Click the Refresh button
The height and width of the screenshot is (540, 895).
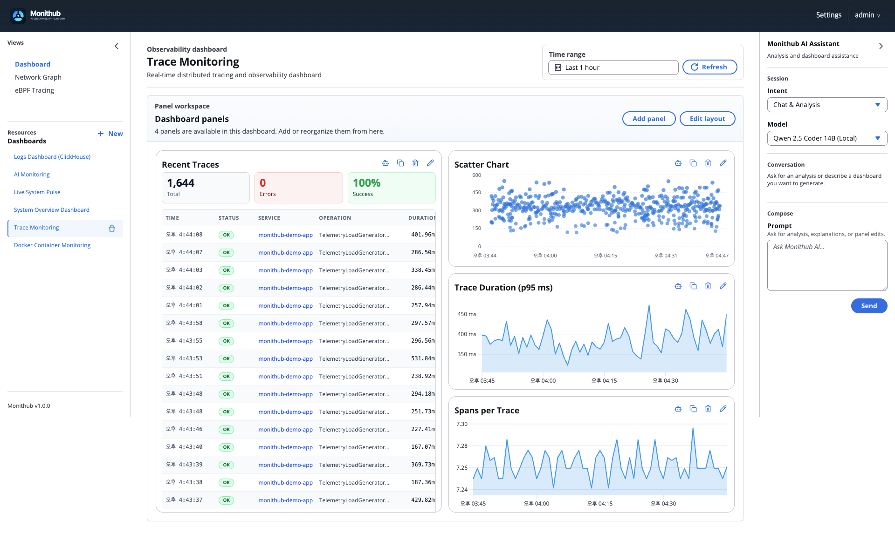(709, 67)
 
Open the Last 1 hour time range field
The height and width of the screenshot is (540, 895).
(613, 67)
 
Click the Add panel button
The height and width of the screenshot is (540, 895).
(648, 119)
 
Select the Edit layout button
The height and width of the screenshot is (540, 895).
(707, 119)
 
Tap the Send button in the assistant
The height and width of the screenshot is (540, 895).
(868, 306)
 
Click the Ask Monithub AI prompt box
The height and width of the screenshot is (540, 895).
(826, 265)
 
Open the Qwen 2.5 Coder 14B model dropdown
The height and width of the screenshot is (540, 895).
(826, 138)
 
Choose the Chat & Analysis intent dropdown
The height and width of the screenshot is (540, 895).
(826, 105)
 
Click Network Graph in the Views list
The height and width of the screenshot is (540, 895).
(38, 77)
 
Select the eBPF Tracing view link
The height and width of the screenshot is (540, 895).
(34, 90)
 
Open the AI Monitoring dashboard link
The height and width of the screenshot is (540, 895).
(32, 175)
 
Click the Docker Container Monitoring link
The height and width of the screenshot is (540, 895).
(52, 245)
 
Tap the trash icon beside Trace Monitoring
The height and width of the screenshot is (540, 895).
(112, 229)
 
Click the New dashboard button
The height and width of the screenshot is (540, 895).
(110, 134)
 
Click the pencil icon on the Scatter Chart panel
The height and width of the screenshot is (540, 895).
(723, 163)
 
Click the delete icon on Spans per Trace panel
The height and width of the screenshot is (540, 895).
(708, 409)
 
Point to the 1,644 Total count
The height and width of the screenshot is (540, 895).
(181, 183)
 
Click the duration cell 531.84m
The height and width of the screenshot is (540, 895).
(422, 358)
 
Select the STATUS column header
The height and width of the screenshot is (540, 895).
(228, 218)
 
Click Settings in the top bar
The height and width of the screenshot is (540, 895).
(828, 15)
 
